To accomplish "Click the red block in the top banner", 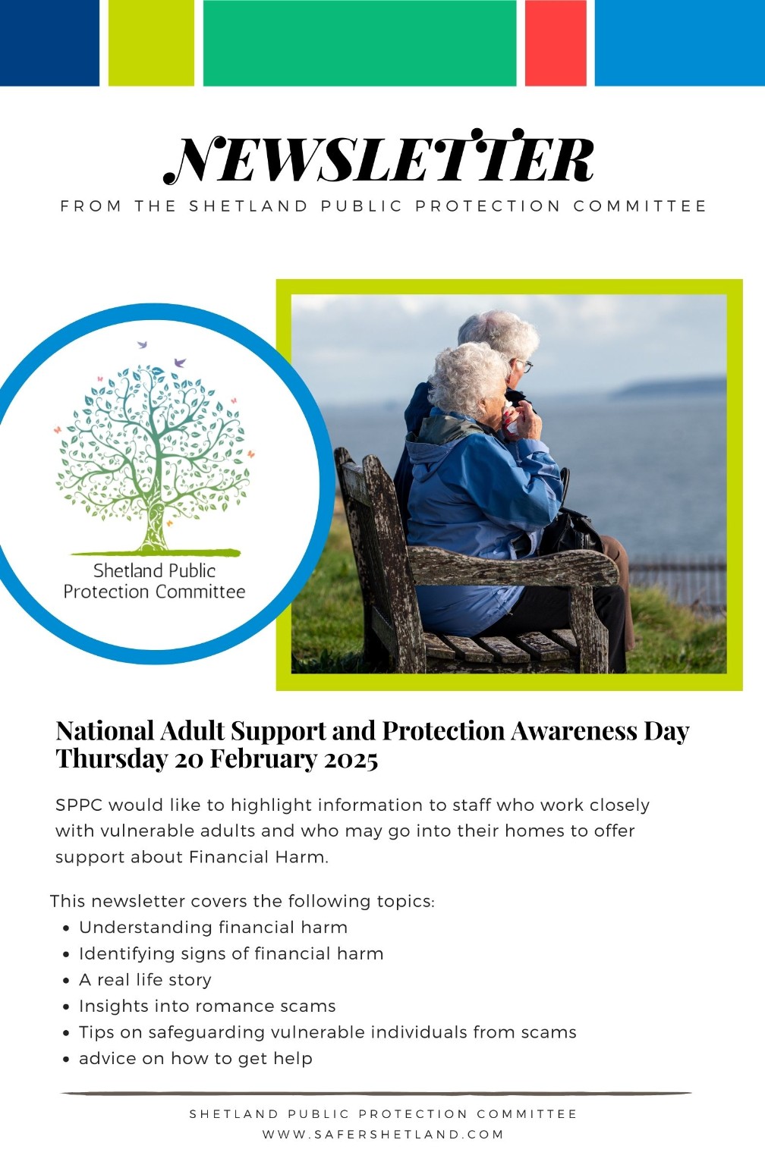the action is coord(556,42).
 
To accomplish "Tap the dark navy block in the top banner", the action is coord(49,42).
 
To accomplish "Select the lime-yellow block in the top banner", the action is coord(151,42).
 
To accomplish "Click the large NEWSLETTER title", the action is coord(379,158).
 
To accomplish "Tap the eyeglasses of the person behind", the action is coord(524,366).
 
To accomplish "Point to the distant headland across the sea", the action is coord(669,388).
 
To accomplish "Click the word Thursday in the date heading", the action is coord(112,758).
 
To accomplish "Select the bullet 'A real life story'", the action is coord(145,980).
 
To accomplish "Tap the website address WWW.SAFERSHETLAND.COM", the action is coord(383,1135).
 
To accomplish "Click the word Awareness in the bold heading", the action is coord(574,730).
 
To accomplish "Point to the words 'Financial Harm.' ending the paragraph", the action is coord(259,857).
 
